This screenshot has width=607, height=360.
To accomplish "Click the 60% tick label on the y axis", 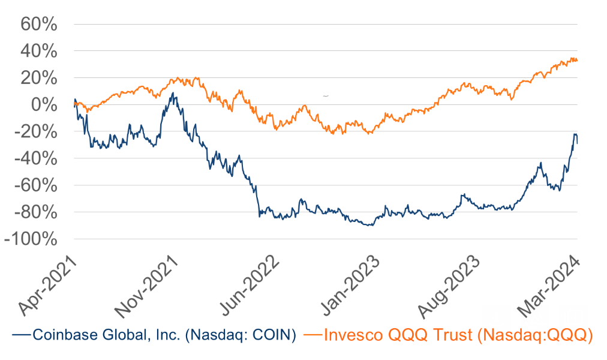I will point(39,25).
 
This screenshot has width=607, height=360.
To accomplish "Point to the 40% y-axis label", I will point(39,52).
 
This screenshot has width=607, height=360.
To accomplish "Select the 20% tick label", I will point(39,79).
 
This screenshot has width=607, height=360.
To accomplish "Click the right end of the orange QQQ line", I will point(577,60).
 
